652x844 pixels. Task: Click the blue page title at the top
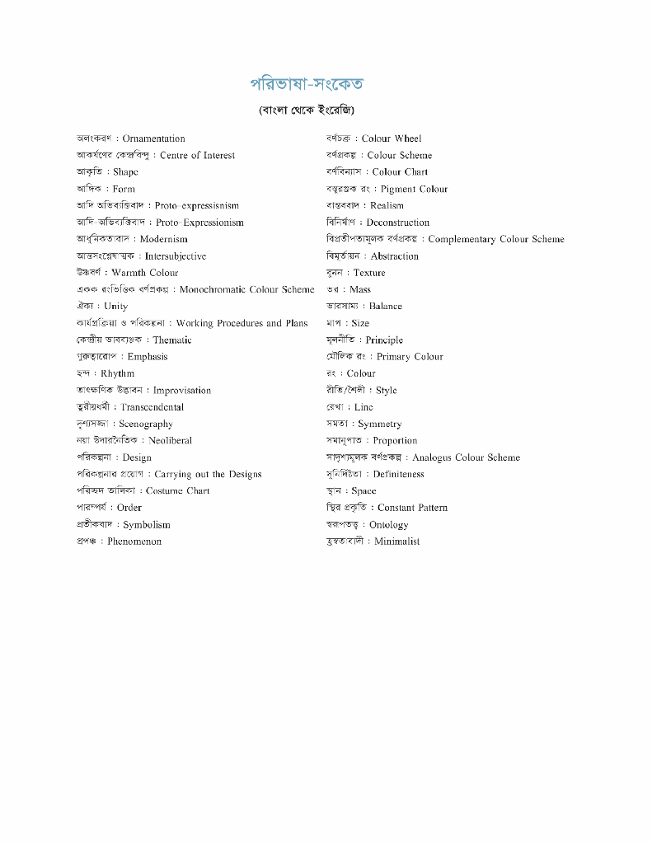[x=307, y=84]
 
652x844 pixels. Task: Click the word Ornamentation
[x=153, y=138]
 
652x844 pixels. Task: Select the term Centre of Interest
[x=197, y=155]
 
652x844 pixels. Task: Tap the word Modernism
[x=163, y=239]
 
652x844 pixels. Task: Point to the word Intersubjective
[x=176, y=256]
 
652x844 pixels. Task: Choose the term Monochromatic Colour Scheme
[x=246, y=289]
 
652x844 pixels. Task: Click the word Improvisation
[x=182, y=391]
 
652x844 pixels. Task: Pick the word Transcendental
[x=152, y=407]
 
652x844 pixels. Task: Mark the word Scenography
[x=146, y=424]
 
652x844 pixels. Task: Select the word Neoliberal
[x=171, y=440]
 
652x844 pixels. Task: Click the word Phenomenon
[x=134, y=542]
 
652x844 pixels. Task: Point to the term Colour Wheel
[x=392, y=138]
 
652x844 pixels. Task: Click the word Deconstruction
[x=398, y=223]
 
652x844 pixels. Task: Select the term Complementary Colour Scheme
[x=496, y=239]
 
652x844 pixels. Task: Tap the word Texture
[x=369, y=273]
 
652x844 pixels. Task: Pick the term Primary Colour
[x=410, y=357]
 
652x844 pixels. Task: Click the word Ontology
[x=389, y=524]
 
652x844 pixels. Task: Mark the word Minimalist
[x=397, y=542]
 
